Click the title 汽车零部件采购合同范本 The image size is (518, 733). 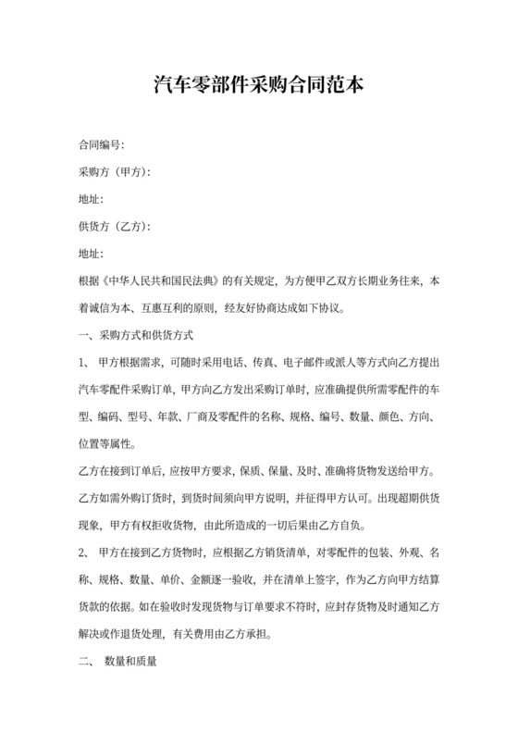tap(259, 86)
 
